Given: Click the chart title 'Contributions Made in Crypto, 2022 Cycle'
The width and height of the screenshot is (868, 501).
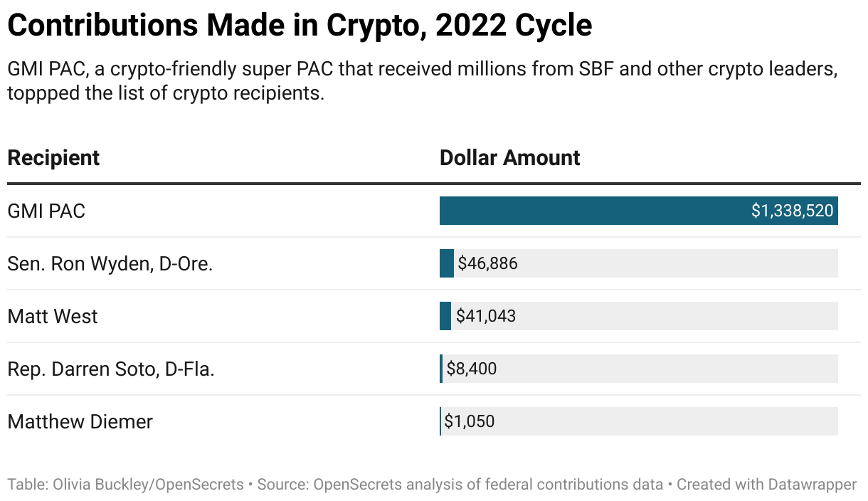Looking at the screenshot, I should pos(299,26).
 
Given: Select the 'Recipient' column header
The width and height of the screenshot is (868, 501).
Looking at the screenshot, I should pos(53,158).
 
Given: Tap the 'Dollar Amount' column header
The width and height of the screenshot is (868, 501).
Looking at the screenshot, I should pos(509,158).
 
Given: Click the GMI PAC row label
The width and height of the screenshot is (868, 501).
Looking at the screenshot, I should pos(46,211).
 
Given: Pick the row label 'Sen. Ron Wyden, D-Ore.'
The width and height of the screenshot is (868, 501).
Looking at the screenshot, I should pos(110,264).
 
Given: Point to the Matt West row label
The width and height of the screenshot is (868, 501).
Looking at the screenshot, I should pos(53,317).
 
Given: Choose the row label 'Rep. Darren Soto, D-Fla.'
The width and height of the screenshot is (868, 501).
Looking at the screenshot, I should pos(111,369).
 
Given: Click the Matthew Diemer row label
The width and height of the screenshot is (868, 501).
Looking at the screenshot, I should pos(80,422).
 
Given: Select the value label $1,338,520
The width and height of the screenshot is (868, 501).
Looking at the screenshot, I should pos(792,211).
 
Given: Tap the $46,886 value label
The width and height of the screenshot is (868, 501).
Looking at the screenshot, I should pos(487,264).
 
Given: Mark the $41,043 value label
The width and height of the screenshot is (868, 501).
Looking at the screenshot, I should pos(486,317).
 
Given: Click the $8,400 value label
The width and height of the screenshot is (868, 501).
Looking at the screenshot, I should pos(472,369).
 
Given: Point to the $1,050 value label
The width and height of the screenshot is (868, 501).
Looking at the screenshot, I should pos(470,422).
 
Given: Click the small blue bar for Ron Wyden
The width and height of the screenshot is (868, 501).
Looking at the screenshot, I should pos(446,264).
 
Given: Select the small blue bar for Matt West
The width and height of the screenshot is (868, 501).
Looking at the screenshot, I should pos(445,317).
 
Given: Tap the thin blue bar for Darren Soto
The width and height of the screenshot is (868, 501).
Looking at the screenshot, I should pos(441,369).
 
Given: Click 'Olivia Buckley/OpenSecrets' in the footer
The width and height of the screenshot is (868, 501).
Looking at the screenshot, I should pos(147,485).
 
